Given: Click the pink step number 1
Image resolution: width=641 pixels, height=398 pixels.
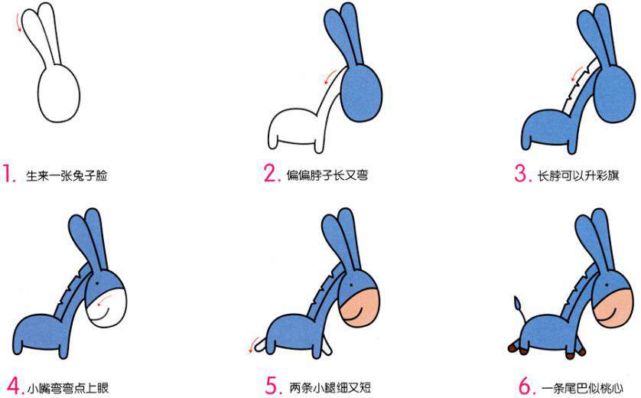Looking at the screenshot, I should (9, 175).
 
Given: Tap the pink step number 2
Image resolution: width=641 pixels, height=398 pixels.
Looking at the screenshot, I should (272, 175).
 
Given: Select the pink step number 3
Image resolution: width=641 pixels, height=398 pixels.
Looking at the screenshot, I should (522, 175).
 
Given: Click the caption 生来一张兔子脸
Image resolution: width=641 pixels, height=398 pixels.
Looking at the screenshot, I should (67, 176).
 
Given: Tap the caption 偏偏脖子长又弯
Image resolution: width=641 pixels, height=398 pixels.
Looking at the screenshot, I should (327, 176).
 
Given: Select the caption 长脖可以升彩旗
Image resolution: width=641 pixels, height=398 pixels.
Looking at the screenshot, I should (578, 176).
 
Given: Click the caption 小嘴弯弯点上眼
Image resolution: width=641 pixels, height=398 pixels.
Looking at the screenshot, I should (67, 387).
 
